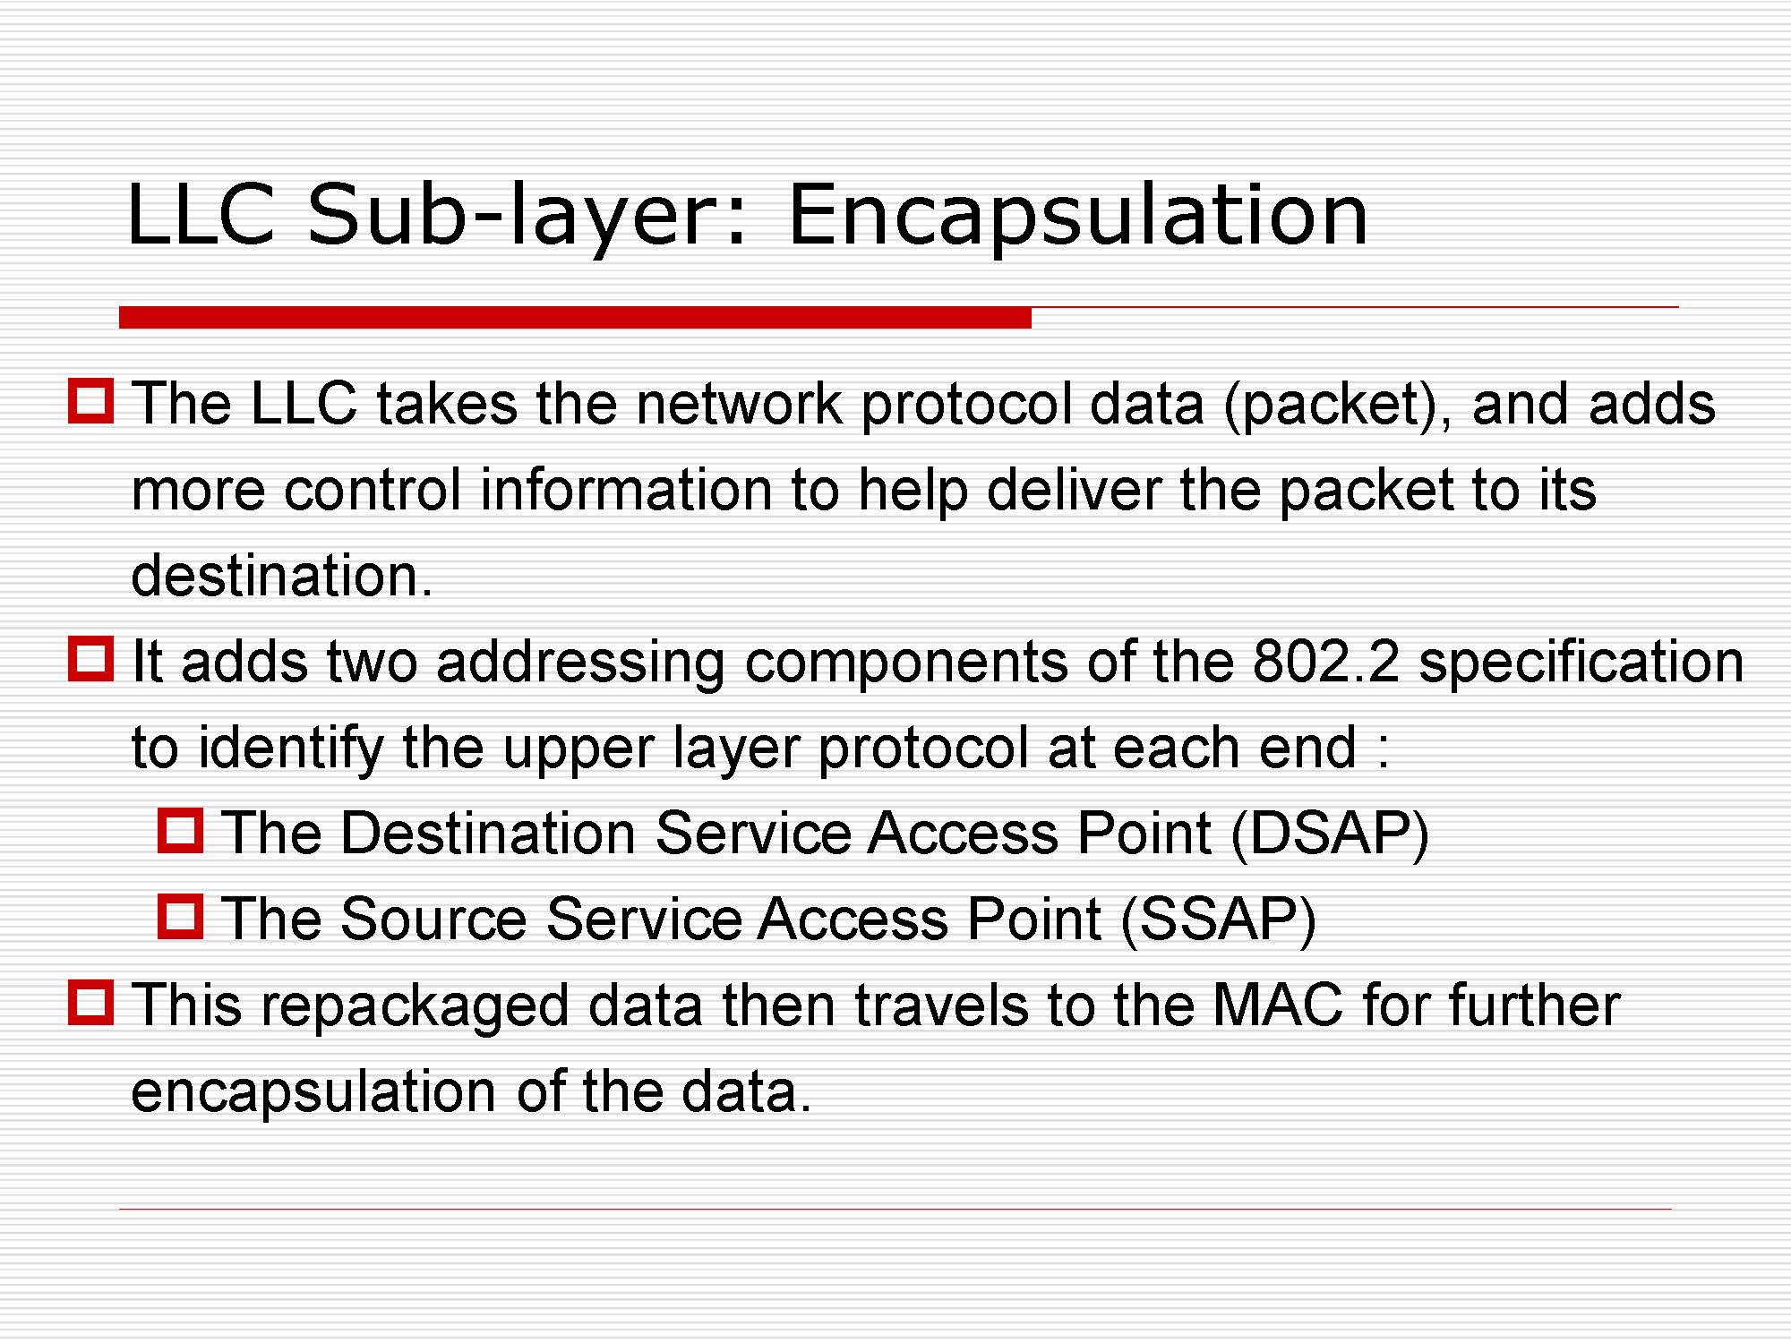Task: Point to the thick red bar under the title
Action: point(575,317)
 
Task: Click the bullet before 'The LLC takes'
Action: point(90,400)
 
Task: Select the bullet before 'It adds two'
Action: point(90,658)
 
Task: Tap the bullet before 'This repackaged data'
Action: point(90,1002)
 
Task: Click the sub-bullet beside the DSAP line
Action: point(180,830)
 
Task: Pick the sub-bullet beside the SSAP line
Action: point(180,916)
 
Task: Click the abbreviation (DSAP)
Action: point(1330,834)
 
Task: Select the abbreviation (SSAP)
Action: point(1219,920)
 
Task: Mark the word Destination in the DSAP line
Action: point(489,833)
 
